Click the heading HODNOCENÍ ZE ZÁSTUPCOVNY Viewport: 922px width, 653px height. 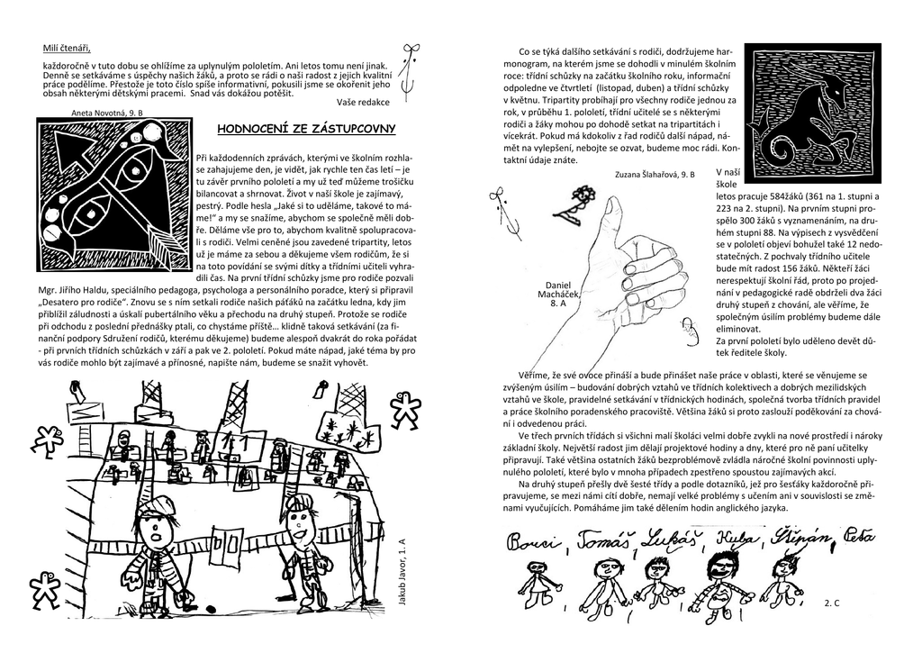(306, 130)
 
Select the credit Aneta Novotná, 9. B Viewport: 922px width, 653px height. (106, 113)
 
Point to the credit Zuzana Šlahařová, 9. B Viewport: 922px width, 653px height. (655, 173)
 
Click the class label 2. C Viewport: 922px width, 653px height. (831, 600)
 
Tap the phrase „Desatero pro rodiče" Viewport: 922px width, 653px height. (82, 304)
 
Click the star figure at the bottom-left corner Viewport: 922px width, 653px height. (43, 590)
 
